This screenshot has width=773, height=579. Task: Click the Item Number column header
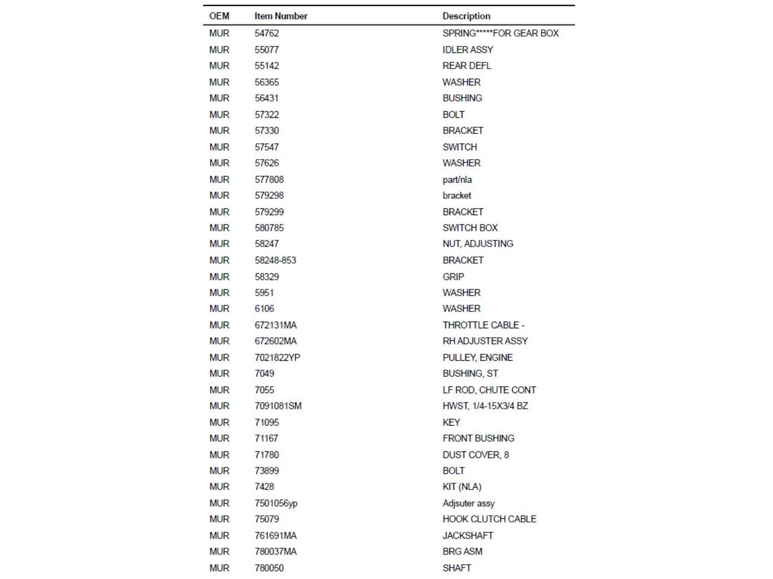pos(280,16)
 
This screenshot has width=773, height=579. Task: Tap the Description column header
pos(466,16)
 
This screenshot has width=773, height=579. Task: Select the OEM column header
pos(219,16)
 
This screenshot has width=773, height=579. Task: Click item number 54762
pos(266,33)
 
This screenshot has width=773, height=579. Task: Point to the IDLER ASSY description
pos(467,50)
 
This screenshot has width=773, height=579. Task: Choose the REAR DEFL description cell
pos(466,66)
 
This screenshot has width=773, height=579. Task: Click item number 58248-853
pos(275,260)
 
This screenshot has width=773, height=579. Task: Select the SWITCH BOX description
pos(470,228)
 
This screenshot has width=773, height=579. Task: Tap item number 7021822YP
pos(277,358)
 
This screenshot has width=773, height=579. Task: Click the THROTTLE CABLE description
pos(483,325)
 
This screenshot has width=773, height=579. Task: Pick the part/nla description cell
pos(457,180)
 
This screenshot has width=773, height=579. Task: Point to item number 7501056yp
pos(276,503)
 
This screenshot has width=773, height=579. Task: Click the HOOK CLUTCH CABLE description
pos(489,519)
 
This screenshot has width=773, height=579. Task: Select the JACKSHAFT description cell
pos(467,536)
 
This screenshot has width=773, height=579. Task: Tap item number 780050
pos(269,568)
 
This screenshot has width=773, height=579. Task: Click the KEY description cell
pos(451,423)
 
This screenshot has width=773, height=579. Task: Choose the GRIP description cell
pos(453,277)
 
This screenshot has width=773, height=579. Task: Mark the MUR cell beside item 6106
pos(219,309)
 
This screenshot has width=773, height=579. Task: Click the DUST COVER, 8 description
pos(475,455)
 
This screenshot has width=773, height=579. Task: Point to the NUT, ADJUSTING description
pos(478,244)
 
